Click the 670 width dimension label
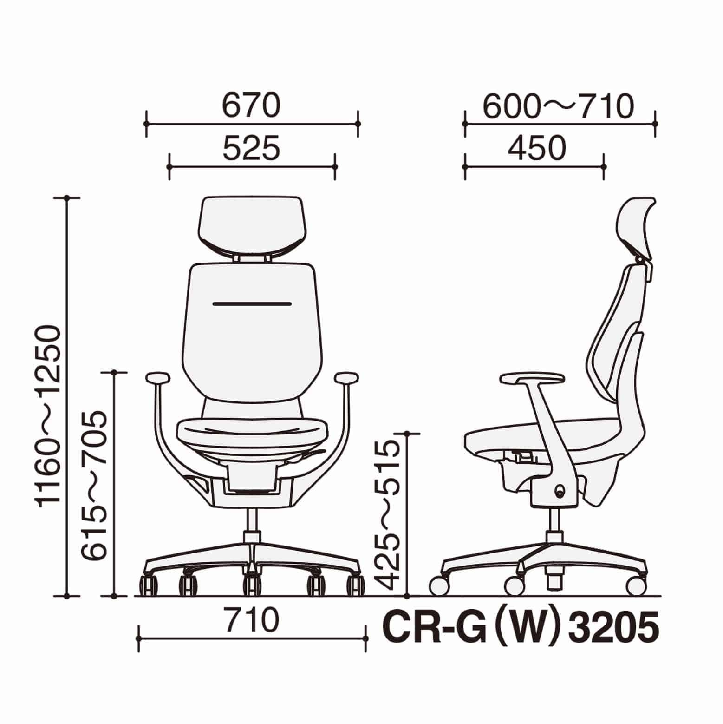click(x=252, y=106)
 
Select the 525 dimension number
click(x=252, y=148)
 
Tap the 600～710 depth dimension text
click(x=559, y=106)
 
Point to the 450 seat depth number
click(x=537, y=148)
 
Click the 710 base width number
click(x=251, y=620)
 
